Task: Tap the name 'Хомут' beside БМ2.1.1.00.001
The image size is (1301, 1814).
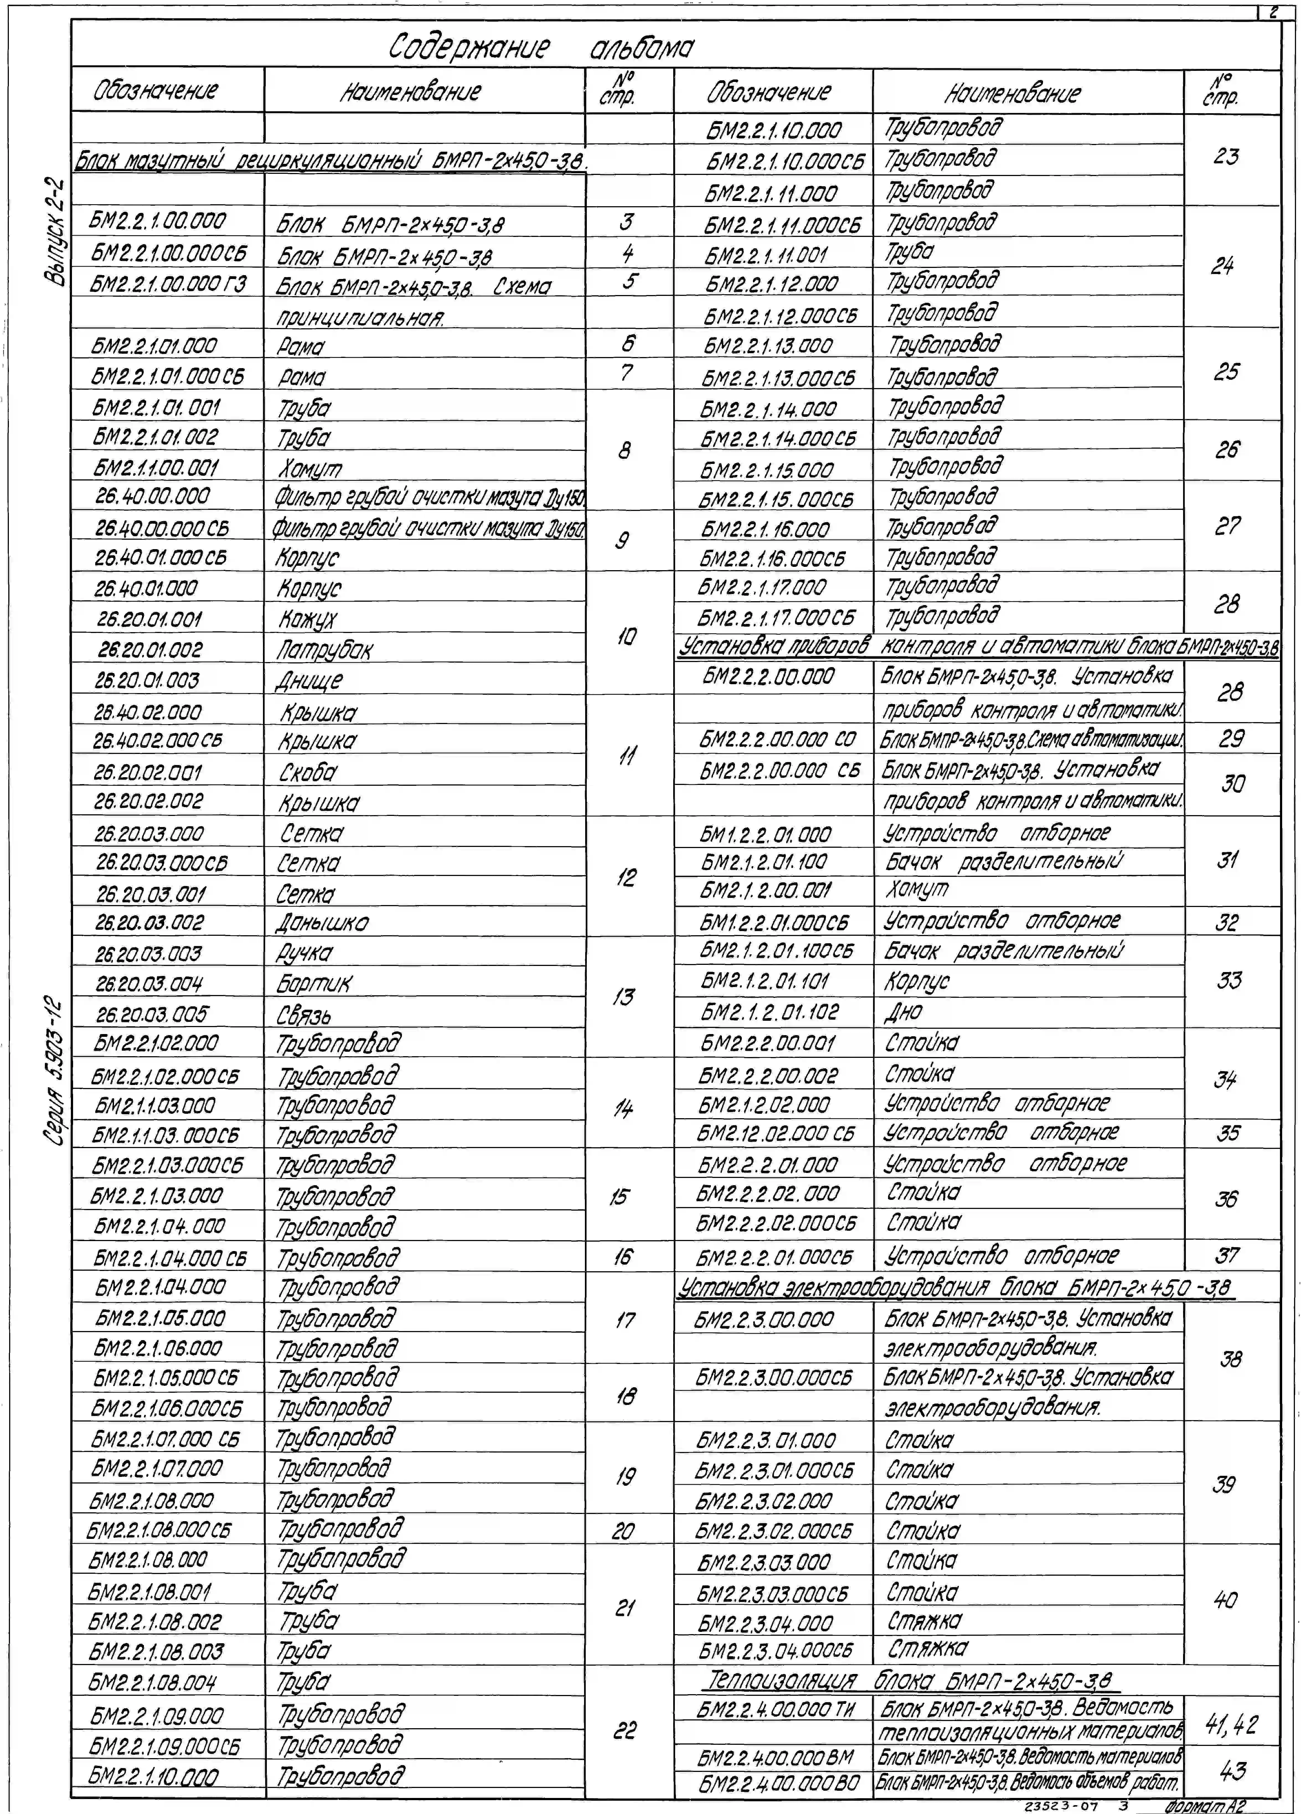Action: pyautogui.click(x=310, y=468)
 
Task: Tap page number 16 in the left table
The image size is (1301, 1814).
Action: pyautogui.click(x=623, y=1257)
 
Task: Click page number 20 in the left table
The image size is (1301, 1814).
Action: pyautogui.click(x=623, y=1531)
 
